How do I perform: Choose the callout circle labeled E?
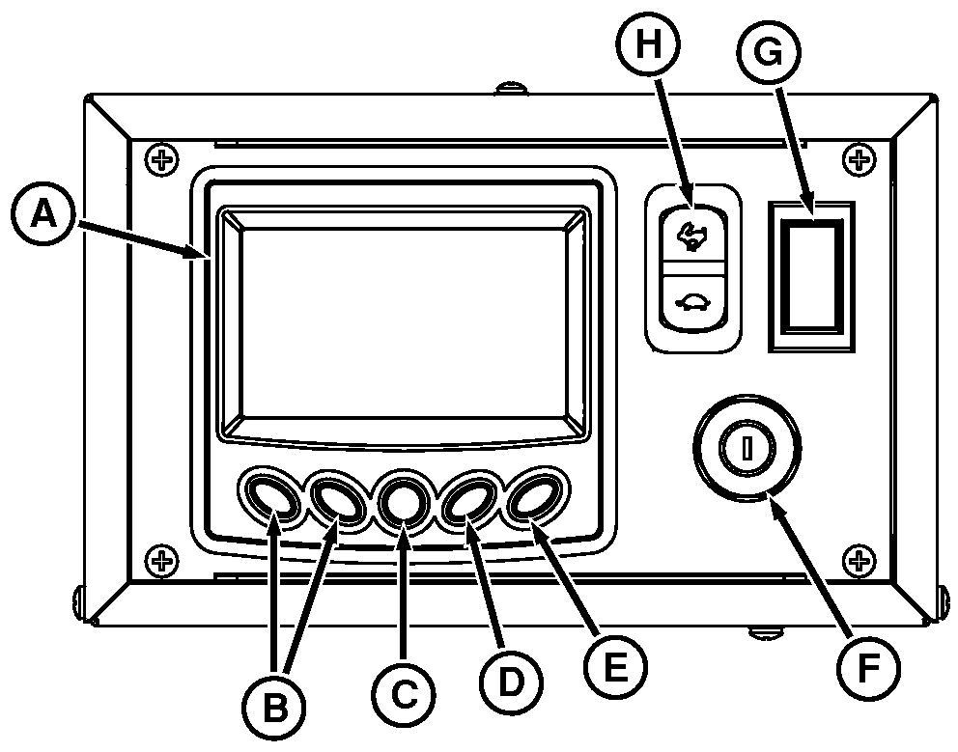[615, 665]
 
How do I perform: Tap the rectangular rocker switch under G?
[811, 275]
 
